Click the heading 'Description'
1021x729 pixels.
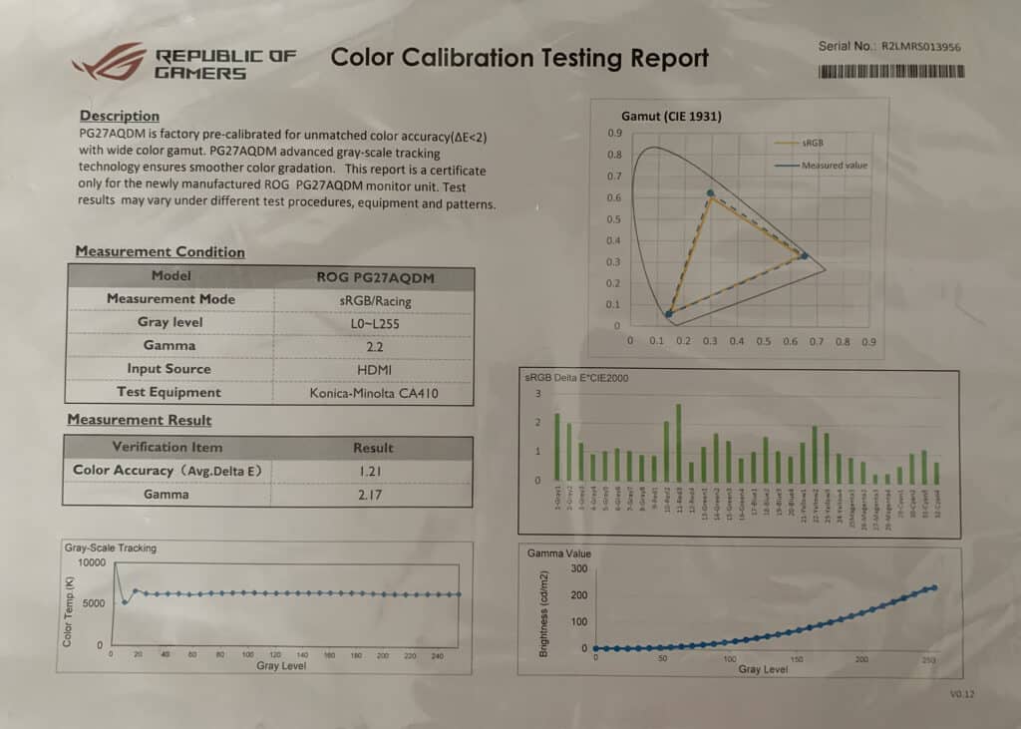click(x=120, y=116)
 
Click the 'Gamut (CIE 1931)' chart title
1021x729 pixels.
click(x=671, y=116)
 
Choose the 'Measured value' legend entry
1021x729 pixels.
click(x=835, y=166)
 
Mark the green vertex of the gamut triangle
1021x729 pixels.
click(x=710, y=193)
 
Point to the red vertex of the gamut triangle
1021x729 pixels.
click(x=804, y=256)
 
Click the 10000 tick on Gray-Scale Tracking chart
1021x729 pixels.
click(x=90, y=562)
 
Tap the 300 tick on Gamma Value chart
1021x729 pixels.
click(x=577, y=567)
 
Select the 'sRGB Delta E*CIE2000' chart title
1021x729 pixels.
click(x=575, y=378)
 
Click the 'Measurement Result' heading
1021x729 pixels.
click(x=139, y=420)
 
